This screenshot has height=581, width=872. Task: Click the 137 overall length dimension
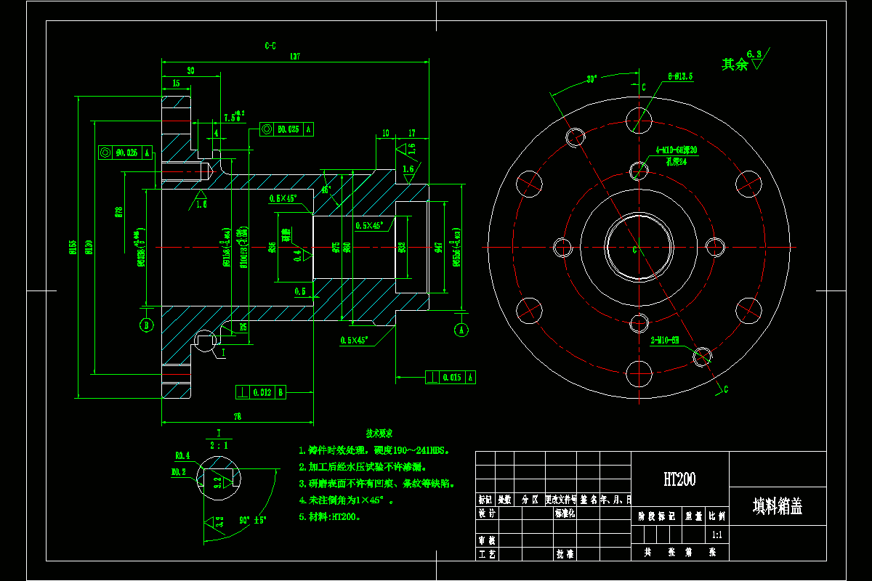click(295, 56)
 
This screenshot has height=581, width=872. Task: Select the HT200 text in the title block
click(679, 479)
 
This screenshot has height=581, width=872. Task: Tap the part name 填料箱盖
click(777, 506)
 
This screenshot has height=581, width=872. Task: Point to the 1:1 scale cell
click(716, 535)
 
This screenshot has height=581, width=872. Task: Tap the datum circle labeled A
click(461, 329)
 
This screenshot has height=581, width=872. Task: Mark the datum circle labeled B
click(147, 325)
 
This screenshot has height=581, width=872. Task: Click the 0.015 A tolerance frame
click(451, 377)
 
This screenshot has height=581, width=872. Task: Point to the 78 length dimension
click(237, 417)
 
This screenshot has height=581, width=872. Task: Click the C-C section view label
click(270, 45)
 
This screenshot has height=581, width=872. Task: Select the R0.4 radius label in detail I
click(182, 455)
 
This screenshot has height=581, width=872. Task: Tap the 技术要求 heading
click(379, 433)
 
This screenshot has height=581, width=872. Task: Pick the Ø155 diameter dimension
click(73, 248)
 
